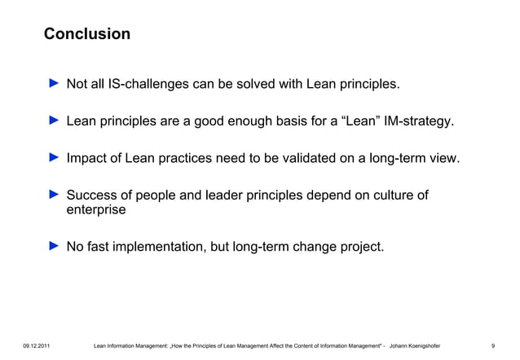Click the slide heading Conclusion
point(86,34)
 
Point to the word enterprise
point(96,210)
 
